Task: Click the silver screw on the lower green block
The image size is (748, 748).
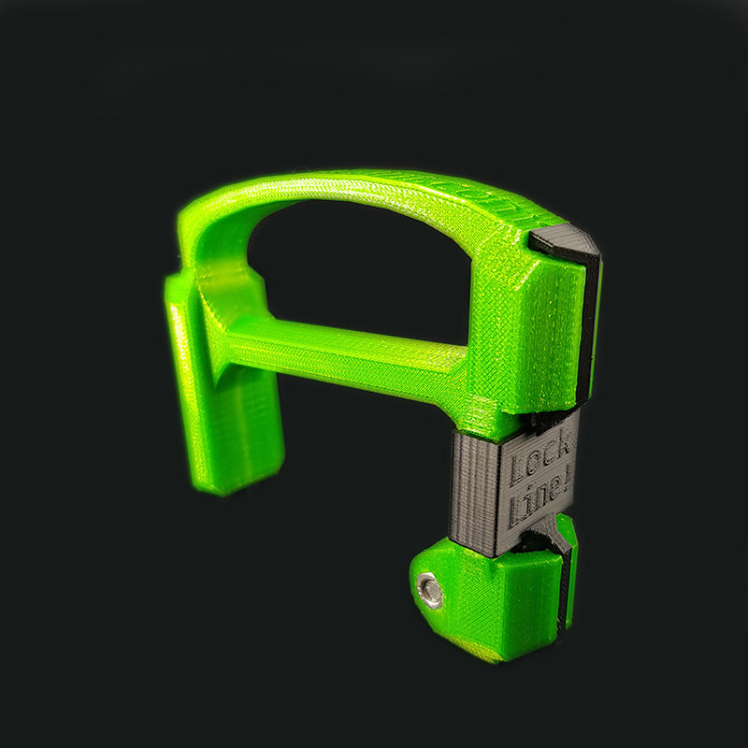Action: pos(431,590)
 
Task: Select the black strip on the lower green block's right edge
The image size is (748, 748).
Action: pos(566,589)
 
